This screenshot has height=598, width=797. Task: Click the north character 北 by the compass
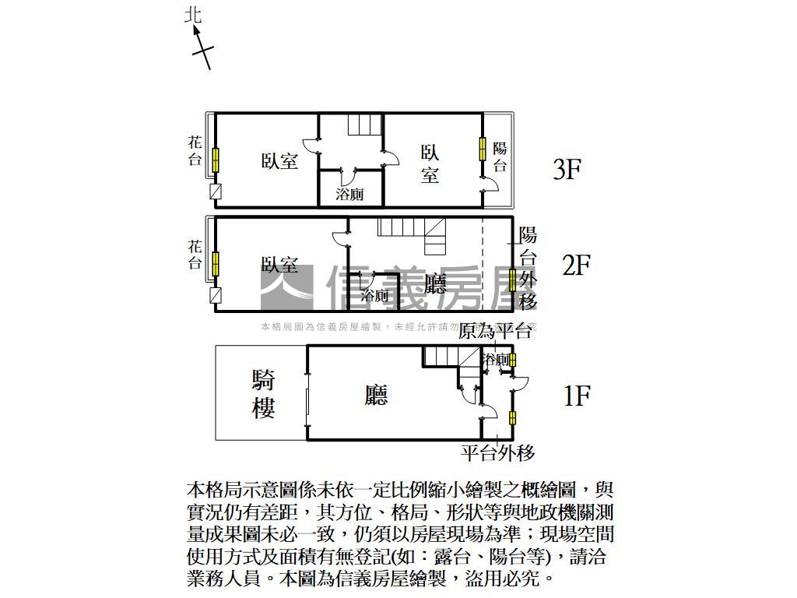point(194,15)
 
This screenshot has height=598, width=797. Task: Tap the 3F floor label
point(567,169)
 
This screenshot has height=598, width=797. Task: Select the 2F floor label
point(577,265)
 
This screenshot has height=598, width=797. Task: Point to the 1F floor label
point(577,396)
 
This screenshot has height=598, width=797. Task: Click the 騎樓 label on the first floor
point(263,394)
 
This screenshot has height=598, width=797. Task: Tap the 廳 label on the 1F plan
point(376,396)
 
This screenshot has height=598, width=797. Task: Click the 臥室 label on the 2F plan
point(279,266)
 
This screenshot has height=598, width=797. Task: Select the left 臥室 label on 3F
point(279,161)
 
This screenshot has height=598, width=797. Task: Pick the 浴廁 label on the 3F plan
point(349,194)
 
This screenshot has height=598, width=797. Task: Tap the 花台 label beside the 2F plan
point(195,254)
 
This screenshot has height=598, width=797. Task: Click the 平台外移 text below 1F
point(498,452)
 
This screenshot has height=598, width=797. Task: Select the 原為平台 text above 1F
point(495,332)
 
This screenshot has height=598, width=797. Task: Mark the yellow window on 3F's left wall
point(216,159)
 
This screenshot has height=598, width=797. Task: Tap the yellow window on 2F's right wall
point(512,280)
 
